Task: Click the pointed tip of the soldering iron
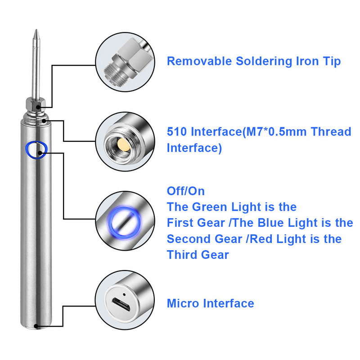[36, 30]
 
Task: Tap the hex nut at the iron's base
[36, 103]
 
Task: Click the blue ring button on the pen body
[36, 150]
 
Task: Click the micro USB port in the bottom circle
[121, 305]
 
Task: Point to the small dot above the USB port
[125, 294]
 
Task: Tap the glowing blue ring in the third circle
[125, 222]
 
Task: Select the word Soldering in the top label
[264, 61]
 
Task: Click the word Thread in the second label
[331, 131]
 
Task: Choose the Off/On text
[186, 191]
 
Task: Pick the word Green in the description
[210, 207]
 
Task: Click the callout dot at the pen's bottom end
[36, 326]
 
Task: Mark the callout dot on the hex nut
[38, 107]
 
